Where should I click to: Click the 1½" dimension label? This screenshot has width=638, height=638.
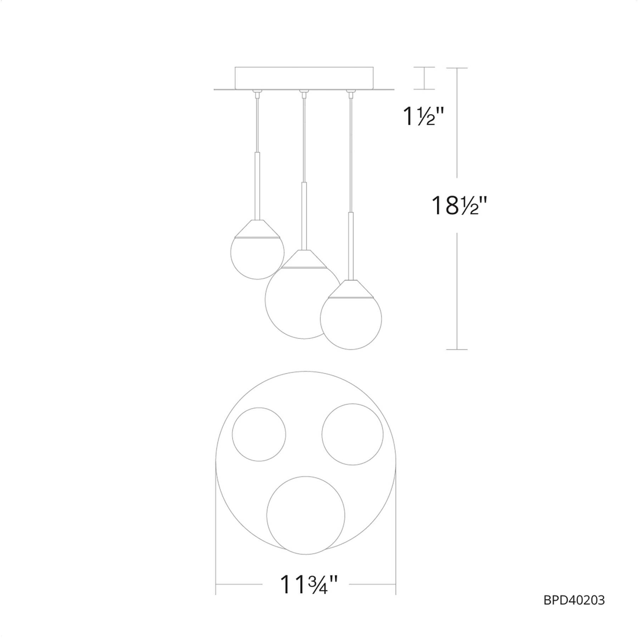[423, 116]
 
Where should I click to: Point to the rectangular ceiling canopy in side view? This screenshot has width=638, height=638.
[304, 78]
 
